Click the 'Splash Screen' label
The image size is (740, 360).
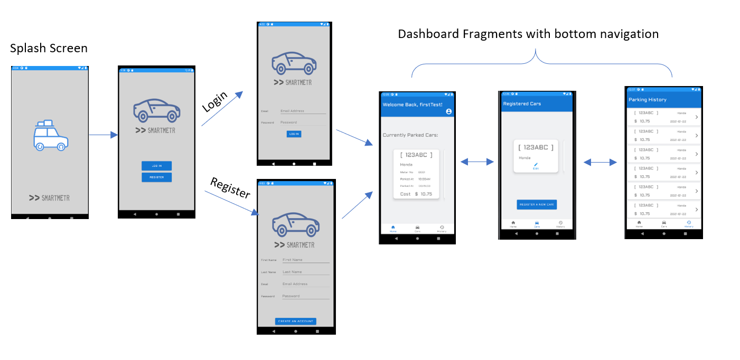click(49, 49)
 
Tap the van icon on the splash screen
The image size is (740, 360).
click(50, 136)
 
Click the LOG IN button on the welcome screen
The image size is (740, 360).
click(156, 166)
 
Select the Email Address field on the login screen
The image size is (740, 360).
click(303, 111)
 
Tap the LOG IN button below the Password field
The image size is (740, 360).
click(293, 134)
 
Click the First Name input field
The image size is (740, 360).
click(305, 260)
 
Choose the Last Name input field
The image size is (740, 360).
click(305, 272)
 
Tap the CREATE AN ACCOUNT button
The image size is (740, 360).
click(295, 321)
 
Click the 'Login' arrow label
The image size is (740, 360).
click(215, 101)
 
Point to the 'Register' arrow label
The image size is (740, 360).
click(230, 188)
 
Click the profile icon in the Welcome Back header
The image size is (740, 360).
click(448, 111)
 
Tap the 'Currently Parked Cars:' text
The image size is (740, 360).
click(410, 136)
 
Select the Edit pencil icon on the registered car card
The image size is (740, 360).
click(536, 165)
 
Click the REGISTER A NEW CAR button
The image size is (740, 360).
click(537, 204)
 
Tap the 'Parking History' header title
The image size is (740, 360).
click(647, 100)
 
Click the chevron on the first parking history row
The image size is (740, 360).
click(696, 117)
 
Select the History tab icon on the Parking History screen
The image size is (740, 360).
click(689, 222)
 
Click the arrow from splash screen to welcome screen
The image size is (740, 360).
click(103, 135)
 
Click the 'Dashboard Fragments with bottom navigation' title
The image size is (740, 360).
click(528, 34)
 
